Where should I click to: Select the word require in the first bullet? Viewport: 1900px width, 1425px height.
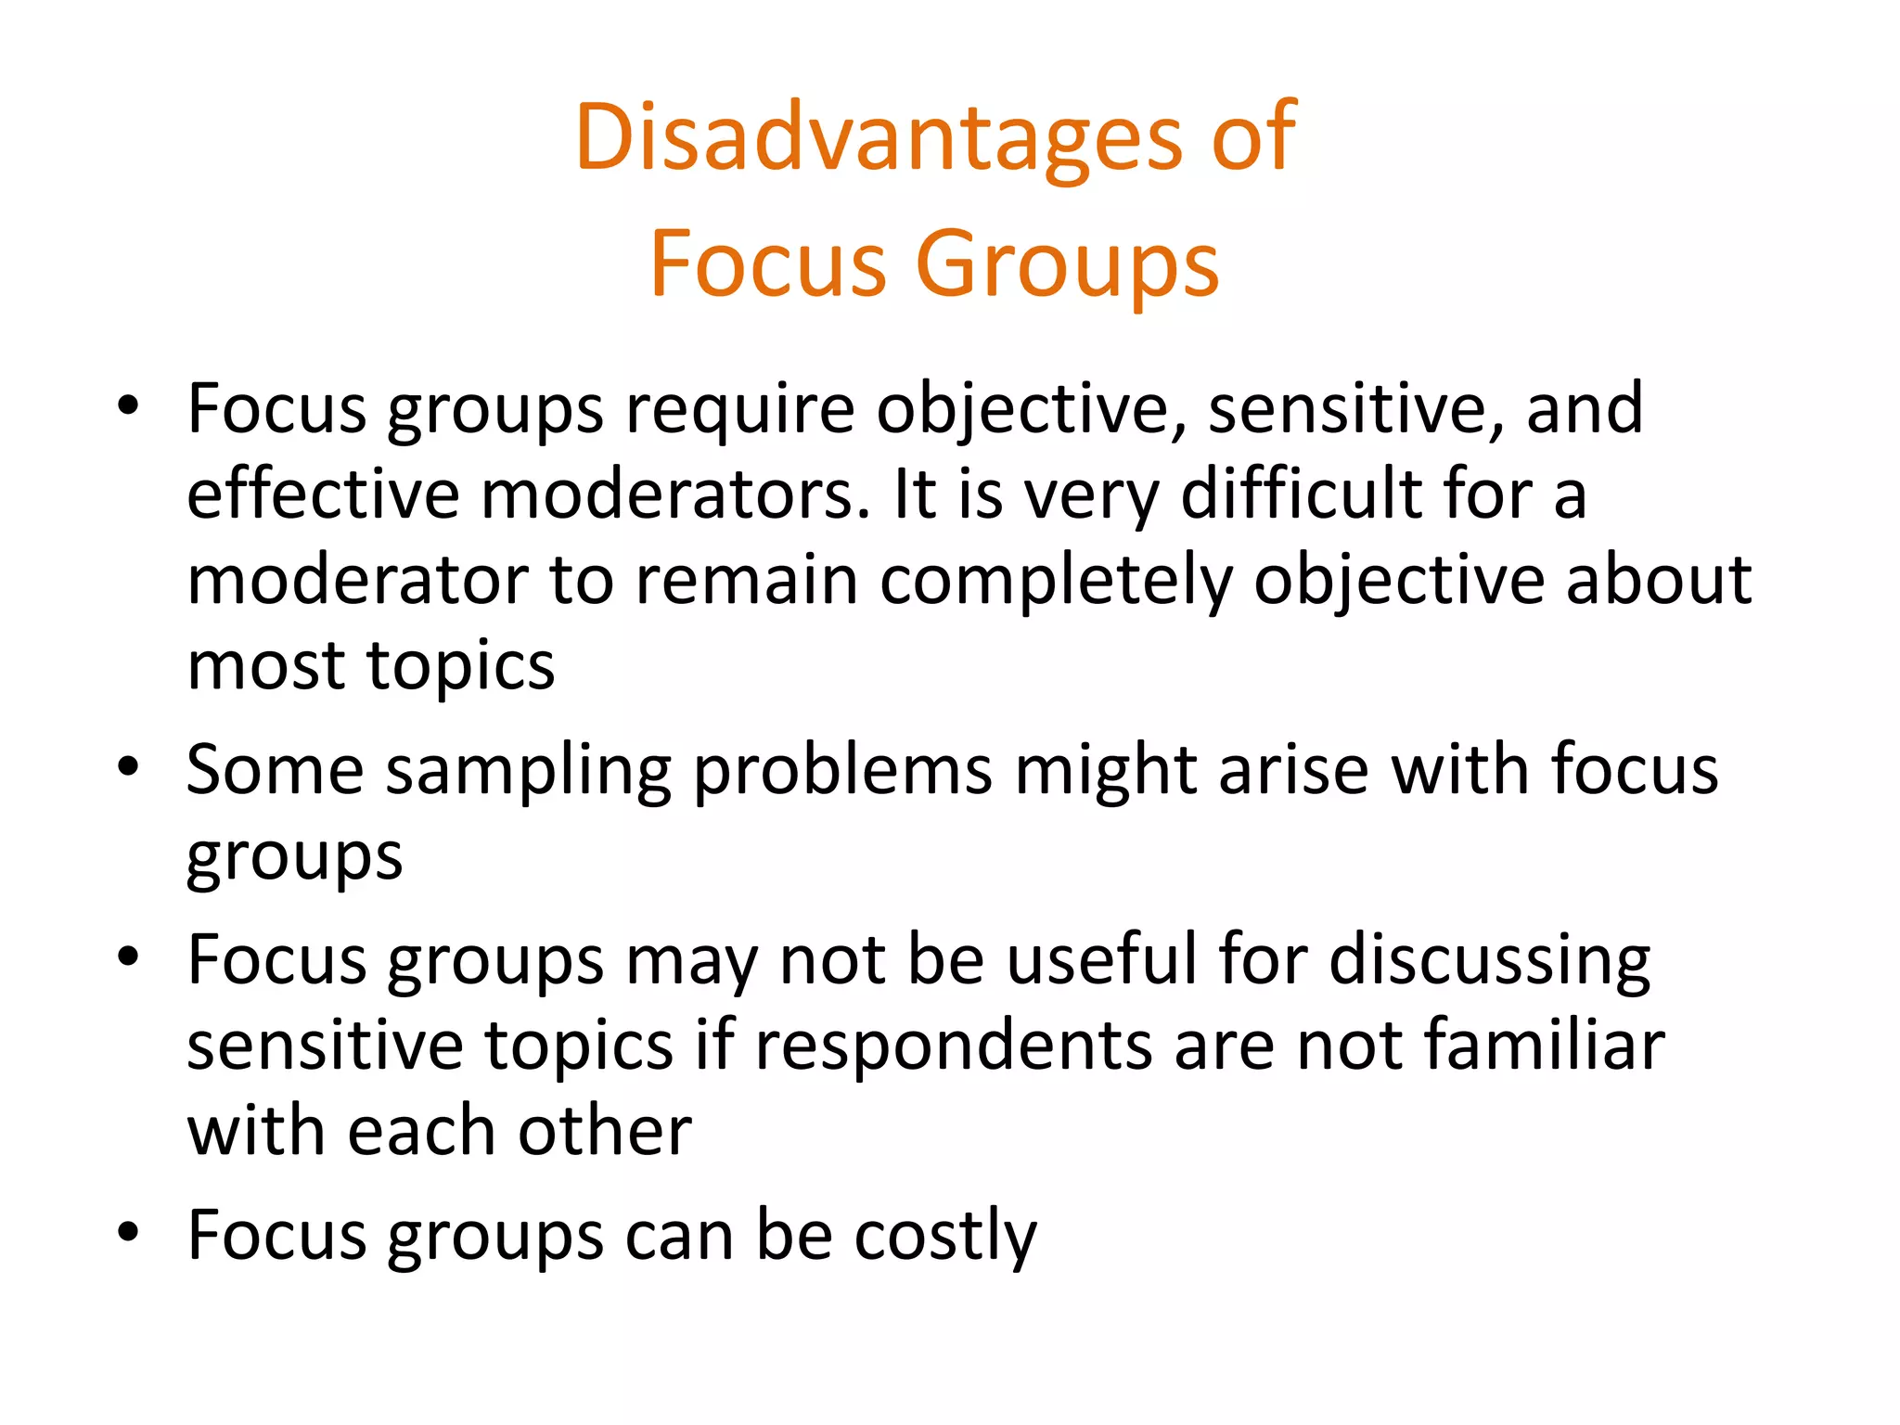tap(739, 408)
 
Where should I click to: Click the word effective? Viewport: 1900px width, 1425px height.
tap(323, 494)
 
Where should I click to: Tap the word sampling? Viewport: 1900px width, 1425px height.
tap(528, 772)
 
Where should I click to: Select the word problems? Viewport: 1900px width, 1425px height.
tap(842, 772)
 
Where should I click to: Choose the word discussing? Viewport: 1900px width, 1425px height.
tap(1489, 960)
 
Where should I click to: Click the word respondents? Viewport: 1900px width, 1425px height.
tap(953, 1046)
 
